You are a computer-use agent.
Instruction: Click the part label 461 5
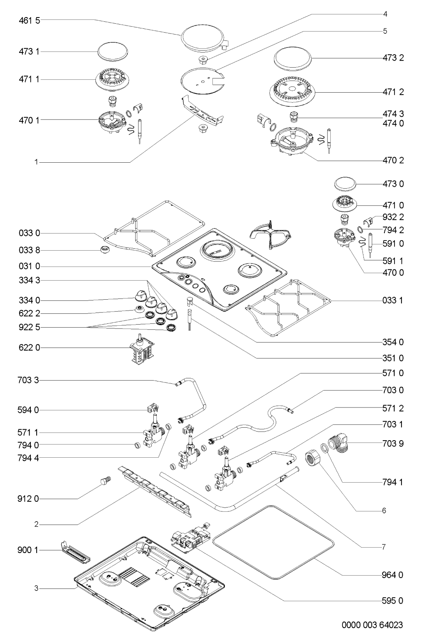click(29, 20)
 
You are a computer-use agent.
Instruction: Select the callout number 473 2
click(393, 58)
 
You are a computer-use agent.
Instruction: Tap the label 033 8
click(29, 250)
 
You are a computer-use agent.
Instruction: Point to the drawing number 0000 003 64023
click(372, 625)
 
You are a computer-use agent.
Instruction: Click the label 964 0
click(393, 575)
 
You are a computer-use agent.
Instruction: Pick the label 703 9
click(393, 443)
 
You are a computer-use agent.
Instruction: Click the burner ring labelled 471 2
click(292, 92)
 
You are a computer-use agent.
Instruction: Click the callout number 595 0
click(393, 601)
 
